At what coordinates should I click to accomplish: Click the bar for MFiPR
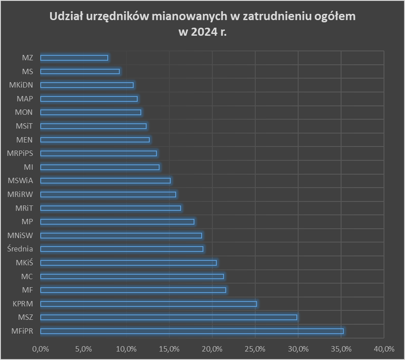pyautogui.click(x=192, y=331)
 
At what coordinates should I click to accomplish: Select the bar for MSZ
pyautogui.click(x=169, y=317)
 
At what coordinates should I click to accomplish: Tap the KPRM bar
pyautogui.click(x=148, y=304)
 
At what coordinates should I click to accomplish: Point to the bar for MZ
pyautogui.click(x=74, y=58)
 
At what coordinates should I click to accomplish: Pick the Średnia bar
pyautogui.click(x=122, y=249)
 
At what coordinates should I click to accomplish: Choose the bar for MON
pyautogui.click(x=91, y=112)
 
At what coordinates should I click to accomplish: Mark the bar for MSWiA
pyautogui.click(x=105, y=180)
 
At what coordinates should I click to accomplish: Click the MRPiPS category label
pyautogui.click(x=20, y=153)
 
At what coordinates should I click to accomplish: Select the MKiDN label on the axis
pyautogui.click(x=21, y=85)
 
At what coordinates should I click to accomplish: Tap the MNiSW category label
pyautogui.click(x=21, y=235)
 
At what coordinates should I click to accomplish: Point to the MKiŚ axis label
pyautogui.click(x=24, y=263)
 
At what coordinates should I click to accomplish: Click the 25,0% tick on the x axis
pyautogui.click(x=255, y=348)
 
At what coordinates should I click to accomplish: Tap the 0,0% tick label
pyautogui.click(x=40, y=348)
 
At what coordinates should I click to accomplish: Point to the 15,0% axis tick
pyautogui.click(x=169, y=348)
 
